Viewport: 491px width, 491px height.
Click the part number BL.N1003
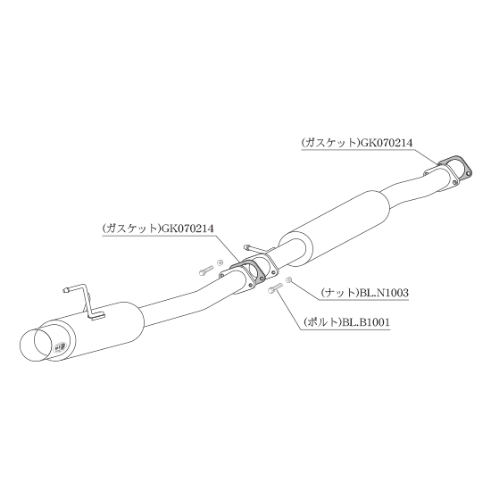[384, 293]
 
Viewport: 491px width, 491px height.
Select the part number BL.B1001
[366, 322]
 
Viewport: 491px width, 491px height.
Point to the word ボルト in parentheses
[323, 322]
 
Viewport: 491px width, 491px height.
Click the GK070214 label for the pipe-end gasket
[387, 143]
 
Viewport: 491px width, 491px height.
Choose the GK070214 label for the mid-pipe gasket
[187, 229]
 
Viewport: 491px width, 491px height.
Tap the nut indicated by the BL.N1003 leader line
[288, 279]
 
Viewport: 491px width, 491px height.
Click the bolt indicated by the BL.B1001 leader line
[275, 288]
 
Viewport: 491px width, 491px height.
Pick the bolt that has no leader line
[205, 270]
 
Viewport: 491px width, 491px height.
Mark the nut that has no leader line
[221, 262]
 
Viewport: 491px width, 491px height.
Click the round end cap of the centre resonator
[295, 250]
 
